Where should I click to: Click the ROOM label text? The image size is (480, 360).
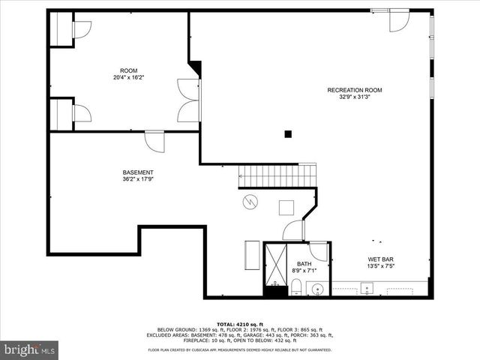(x=128, y=70)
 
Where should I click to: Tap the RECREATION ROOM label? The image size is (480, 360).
(x=354, y=90)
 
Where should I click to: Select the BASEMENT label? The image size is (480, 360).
(x=138, y=172)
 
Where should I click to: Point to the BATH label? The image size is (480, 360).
(x=304, y=263)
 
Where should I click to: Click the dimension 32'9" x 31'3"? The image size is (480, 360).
(x=354, y=97)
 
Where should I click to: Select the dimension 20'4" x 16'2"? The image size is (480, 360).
(x=128, y=77)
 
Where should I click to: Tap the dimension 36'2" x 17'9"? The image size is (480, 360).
(x=138, y=179)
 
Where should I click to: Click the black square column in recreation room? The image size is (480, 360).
(x=287, y=134)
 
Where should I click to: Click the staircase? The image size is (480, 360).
(x=277, y=177)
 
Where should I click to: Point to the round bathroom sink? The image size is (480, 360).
(x=317, y=288)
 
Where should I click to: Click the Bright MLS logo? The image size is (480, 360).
(x=29, y=349)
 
